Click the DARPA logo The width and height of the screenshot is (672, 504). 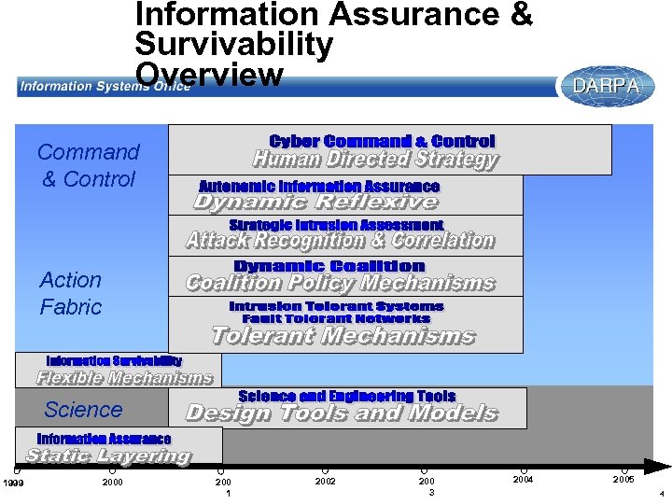606,86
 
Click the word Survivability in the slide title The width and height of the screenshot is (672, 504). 234,44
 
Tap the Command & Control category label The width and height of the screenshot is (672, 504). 89,165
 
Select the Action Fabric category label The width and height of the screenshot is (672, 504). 71,293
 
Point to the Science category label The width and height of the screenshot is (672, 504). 83,409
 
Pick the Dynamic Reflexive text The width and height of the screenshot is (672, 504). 315,202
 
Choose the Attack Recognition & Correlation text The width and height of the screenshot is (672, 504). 340,241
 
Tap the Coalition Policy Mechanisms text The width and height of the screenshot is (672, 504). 340,283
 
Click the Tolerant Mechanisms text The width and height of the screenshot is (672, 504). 343,336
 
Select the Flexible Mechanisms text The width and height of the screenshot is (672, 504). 124,378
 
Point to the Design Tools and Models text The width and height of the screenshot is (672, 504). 342,413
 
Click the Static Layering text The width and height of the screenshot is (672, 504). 108,456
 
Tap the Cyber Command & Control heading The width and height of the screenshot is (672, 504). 382,141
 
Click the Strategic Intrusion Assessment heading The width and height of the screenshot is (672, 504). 336,225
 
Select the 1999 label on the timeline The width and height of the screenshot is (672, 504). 12,482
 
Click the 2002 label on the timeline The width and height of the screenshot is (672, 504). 325,481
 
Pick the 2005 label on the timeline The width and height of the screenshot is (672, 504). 623,479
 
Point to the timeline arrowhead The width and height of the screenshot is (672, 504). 661,466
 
